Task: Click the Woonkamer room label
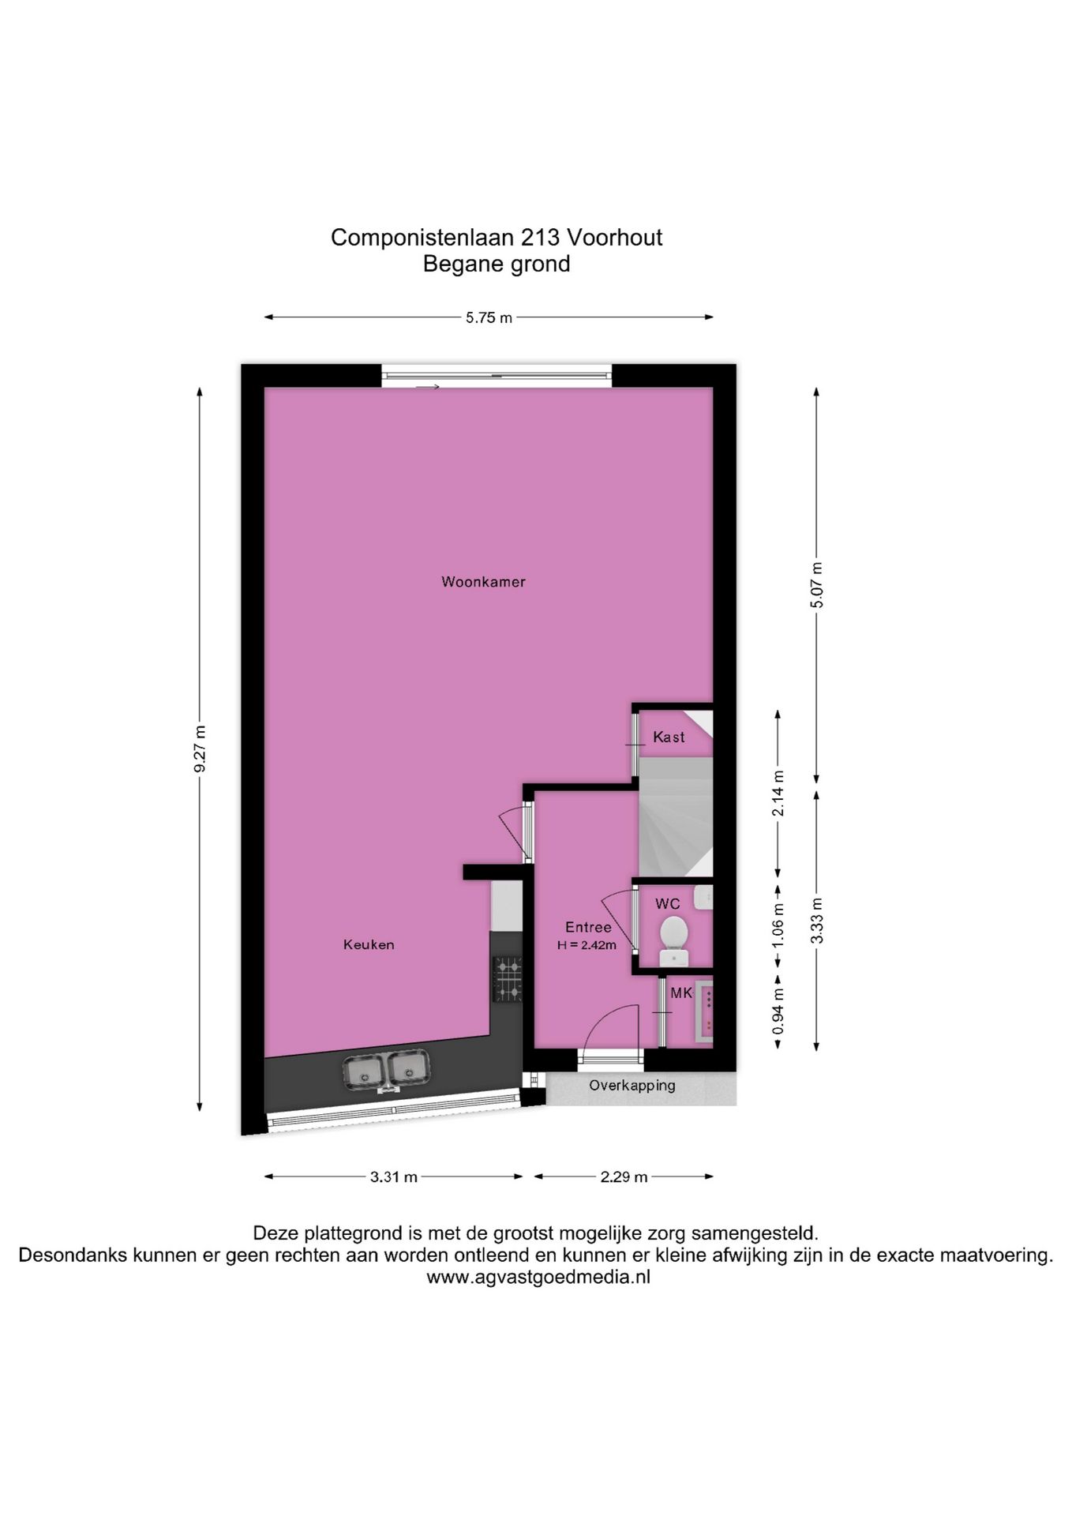point(483,582)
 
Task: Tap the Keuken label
point(369,944)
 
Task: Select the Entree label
point(588,928)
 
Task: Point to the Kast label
point(669,737)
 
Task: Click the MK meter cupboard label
point(680,993)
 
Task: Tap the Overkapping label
point(632,1086)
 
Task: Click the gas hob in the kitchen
point(508,979)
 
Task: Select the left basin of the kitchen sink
point(363,1071)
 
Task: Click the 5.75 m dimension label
point(489,318)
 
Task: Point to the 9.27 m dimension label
point(200,749)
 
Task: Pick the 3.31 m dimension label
point(394,1177)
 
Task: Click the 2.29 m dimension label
point(624,1177)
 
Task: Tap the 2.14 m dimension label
point(778,792)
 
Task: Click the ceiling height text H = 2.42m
point(587,945)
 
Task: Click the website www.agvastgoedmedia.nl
point(538,1278)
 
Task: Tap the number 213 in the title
point(540,238)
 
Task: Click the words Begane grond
point(497,265)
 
